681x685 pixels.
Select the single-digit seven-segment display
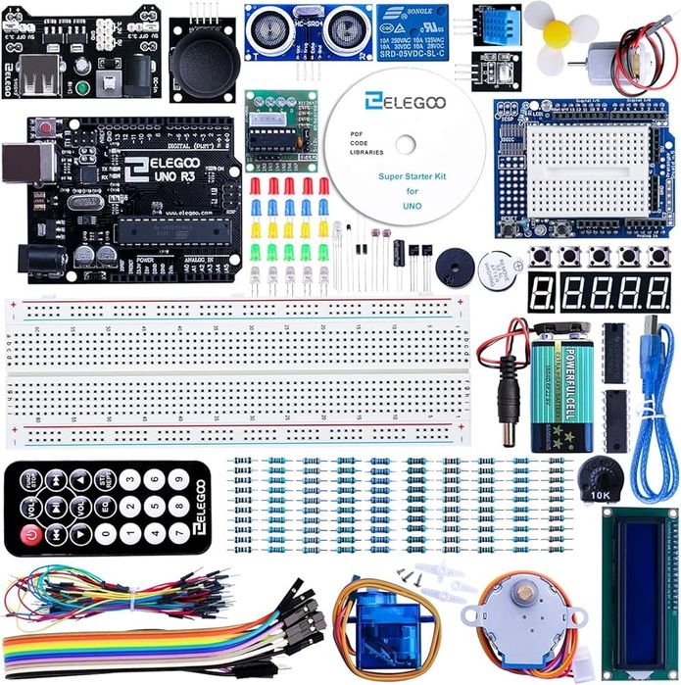pos(542,292)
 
